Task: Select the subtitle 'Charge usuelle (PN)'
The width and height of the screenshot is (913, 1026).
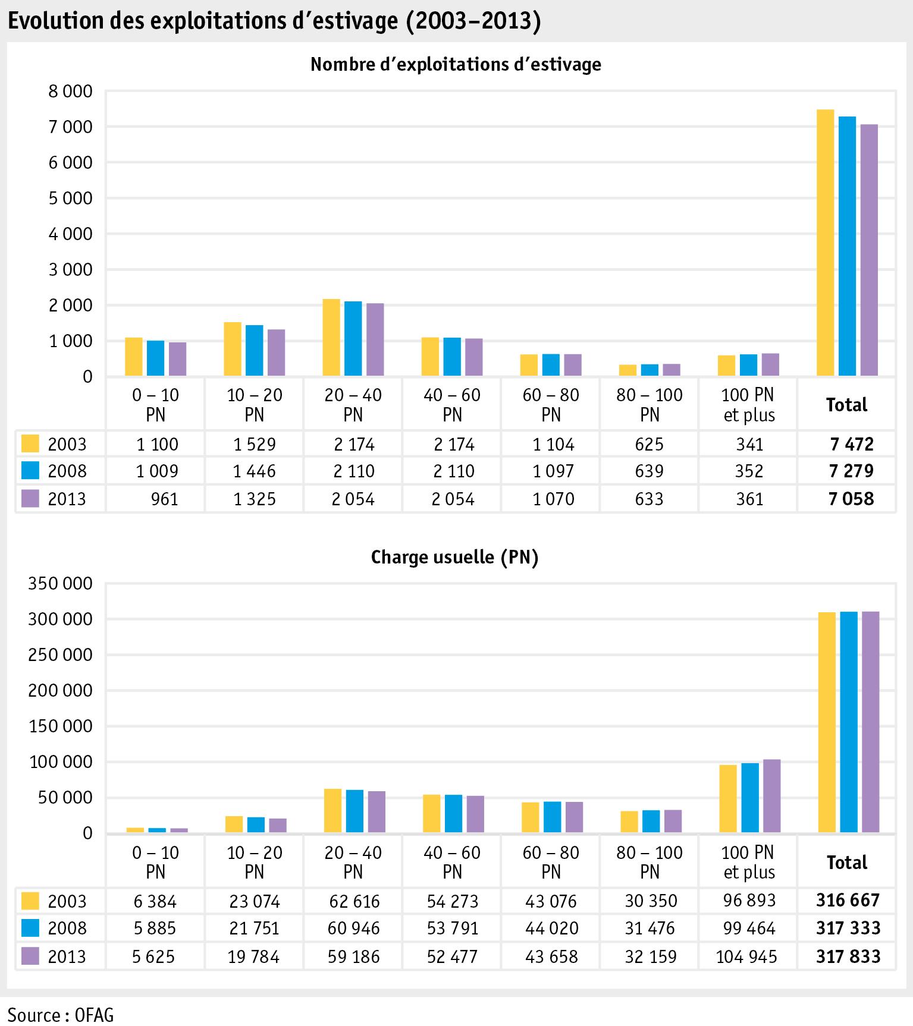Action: pyautogui.click(x=454, y=558)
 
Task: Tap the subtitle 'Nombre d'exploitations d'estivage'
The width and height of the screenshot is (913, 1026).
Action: pyautogui.click(x=456, y=64)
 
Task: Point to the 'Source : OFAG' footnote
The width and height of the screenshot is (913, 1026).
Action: pyautogui.click(x=61, y=1014)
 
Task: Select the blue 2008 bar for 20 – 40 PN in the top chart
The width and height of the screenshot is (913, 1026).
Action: pyautogui.click(x=353, y=338)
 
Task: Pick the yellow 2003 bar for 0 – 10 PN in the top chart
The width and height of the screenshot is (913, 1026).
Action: pyautogui.click(x=134, y=357)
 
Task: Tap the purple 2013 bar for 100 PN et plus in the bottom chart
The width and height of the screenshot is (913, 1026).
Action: pyautogui.click(x=771, y=796)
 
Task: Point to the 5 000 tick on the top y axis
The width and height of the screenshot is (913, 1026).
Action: pyautogui.click(x=70, y=199)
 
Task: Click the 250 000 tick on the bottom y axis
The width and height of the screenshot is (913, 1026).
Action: pyautogui.click(x=61, y=655)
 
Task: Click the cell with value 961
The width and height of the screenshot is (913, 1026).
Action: pyautogui.click(x=164, y=499)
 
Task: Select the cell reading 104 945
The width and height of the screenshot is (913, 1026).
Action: pyautogui.click(x=746, y=956)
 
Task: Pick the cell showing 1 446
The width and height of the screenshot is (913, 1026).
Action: pyautogui.click(x=254, y=471)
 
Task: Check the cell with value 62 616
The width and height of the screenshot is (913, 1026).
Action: pyautogui.click(x=353, y=901)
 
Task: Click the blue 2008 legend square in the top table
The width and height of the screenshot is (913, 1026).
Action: pyautogui.click(x=30, y=471)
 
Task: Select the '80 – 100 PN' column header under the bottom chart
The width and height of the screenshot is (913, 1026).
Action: pyautogui.click(x=650, y=862)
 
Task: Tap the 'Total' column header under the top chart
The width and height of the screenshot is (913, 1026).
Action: pyautogui.click(x=846, y=405)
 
